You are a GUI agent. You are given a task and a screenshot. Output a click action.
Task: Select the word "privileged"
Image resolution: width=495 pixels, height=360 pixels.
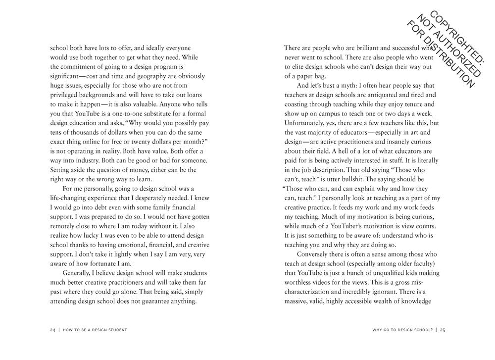pos(66,95)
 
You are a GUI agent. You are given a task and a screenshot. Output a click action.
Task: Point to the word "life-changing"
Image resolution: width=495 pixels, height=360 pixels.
pos(71,198)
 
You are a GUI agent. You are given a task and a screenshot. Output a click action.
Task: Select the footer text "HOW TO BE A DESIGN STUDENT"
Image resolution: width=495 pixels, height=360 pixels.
pos(95,330)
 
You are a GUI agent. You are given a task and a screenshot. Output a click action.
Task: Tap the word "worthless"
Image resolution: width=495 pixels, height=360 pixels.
pos(300,282)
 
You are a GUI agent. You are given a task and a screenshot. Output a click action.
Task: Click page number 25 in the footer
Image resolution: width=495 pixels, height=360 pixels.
pos(443,330)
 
